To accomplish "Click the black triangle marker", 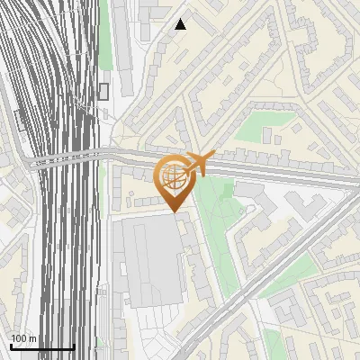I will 181,24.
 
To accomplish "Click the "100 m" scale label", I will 23,338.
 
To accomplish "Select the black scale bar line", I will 42,346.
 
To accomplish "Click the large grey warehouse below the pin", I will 148,261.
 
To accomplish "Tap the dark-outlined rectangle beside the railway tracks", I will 103,91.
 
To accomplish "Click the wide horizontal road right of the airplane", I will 288,170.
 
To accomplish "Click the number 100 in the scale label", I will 19,338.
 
